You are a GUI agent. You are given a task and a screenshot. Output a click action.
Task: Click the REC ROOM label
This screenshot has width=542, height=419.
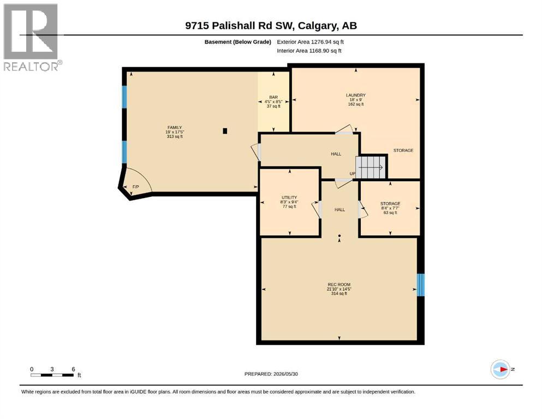coord(339,284)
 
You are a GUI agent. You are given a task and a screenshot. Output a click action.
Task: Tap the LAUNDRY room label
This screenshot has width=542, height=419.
coord(356,95)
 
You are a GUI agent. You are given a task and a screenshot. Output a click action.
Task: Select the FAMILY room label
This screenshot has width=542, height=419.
coord(175,128)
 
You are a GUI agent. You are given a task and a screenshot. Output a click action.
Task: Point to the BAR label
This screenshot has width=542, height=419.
coord(273,98)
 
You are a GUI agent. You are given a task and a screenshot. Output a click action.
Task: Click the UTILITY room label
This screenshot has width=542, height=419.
coord(289,197)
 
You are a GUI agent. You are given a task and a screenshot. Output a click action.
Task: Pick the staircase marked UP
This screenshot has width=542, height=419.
coord(371,167)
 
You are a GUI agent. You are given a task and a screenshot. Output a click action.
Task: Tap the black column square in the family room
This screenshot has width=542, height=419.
coord(225,131)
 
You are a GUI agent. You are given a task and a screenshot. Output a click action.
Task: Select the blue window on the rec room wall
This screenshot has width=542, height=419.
coord(420,285)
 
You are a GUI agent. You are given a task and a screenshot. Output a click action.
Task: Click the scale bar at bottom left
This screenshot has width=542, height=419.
coord(52,375)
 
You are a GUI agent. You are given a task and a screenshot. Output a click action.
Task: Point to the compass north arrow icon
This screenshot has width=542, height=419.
coord(500,369)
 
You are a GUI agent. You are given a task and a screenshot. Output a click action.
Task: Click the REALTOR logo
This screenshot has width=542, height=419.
coord(32,37)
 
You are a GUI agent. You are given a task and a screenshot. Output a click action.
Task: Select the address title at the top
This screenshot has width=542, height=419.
coord(271,26)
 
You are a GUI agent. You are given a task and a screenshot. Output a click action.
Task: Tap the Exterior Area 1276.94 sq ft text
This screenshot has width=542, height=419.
coord(310,42)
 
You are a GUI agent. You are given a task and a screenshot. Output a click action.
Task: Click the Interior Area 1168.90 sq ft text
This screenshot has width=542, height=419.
coord(309,51)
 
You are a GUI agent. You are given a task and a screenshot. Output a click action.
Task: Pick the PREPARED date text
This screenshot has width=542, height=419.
coord(271,374)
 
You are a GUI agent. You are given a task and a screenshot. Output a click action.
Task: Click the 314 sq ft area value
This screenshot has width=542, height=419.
coord(339,294)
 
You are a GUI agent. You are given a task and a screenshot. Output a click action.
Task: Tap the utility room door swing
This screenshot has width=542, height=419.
coord(316,209)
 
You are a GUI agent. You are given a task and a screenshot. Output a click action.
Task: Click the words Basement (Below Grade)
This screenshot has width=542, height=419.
coord(238,42)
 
